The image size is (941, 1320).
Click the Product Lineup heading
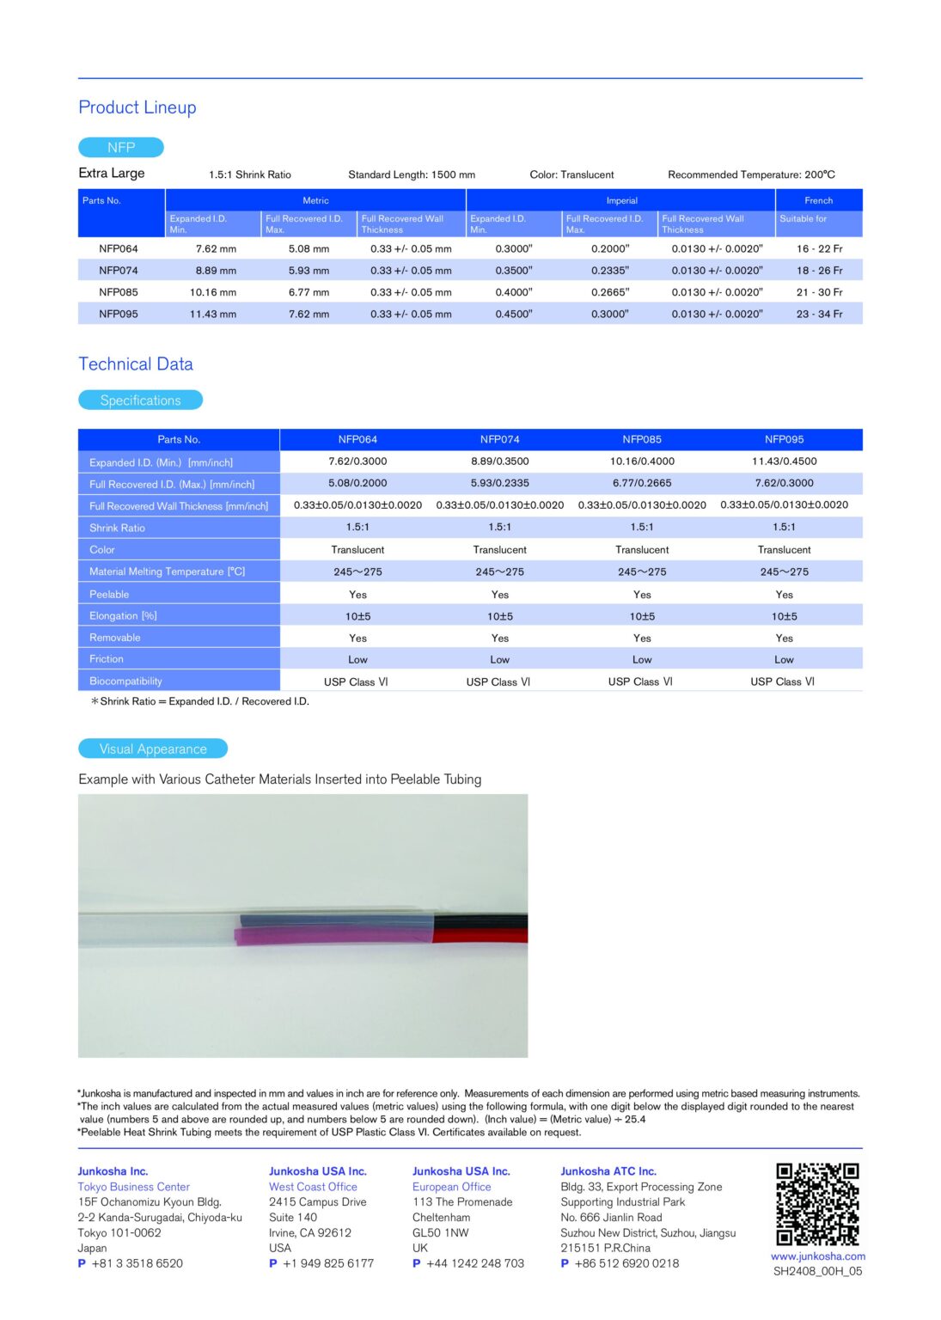point(137,107)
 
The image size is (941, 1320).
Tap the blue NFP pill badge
point(121,147)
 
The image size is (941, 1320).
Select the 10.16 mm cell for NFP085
point(213,292)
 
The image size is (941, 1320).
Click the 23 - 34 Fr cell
point(819,314)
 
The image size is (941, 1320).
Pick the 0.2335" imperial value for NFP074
point(609,270)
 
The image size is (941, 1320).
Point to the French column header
point(818,200)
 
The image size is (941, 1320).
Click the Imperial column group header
point(621,200)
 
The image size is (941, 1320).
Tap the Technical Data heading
point(136,364)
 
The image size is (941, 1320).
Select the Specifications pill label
point(140,400)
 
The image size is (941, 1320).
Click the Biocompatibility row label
point(126,681)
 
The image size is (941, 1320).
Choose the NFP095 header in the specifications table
point(784,439)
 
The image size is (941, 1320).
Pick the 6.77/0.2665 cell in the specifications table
point(642,483)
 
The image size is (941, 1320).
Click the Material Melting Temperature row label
point(167,571)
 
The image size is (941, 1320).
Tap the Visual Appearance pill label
point(153,749)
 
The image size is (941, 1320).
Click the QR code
point(817,1204)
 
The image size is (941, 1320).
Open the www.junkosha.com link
point(817,1256)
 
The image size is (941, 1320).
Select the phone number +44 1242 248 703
point(475,1263)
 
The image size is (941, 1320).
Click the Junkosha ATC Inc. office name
point(608,1171)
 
